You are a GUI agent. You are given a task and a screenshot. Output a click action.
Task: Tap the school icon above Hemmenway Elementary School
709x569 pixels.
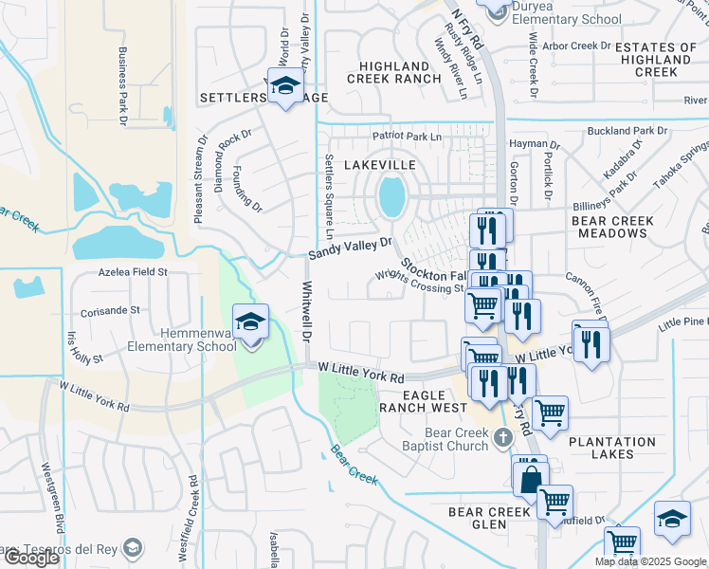tap(251, 322)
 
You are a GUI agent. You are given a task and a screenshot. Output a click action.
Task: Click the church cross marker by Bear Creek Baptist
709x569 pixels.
tap(502, 438)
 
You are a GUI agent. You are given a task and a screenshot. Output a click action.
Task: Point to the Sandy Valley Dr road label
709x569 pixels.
tap(351, 248)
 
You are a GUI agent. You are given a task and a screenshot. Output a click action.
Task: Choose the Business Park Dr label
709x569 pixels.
tap(123, 87)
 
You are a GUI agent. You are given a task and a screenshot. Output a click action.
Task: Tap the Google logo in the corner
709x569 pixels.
tap(31, 558)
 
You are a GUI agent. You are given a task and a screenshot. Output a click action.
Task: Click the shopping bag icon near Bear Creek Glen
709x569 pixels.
tap(530, 478)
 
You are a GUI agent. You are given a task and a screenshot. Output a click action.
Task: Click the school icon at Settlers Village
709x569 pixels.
tap(283, 86)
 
